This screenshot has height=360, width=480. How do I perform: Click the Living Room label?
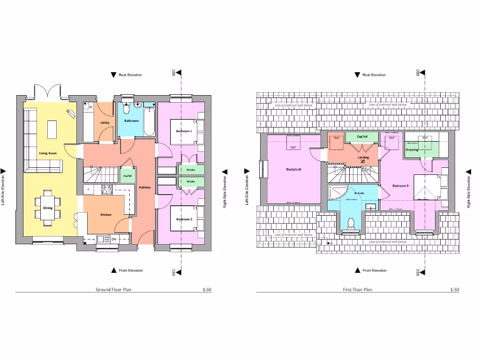(48, 153)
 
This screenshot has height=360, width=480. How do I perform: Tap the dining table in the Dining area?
(48, 208)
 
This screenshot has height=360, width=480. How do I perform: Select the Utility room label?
(105, 123)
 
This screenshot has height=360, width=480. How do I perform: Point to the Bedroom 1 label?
(183, 131)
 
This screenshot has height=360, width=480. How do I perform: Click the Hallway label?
(144, 187)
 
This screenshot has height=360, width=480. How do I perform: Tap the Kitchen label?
(106, 215)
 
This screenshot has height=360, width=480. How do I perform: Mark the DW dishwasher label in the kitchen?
(113, 240)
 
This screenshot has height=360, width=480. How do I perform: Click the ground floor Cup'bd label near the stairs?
(127, 176)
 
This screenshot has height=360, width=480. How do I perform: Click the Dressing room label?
(412, 150)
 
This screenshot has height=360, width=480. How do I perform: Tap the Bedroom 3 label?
(401, 186)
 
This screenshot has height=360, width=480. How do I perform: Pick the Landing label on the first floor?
(363, 157)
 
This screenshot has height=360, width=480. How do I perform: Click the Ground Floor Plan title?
(113, 290)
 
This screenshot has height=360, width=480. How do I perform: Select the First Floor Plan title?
(357, 290)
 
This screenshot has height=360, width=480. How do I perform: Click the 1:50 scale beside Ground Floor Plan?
(207, 290)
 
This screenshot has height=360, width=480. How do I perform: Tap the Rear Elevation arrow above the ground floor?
(112, 75)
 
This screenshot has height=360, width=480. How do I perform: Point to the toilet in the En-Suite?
(350, 224)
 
